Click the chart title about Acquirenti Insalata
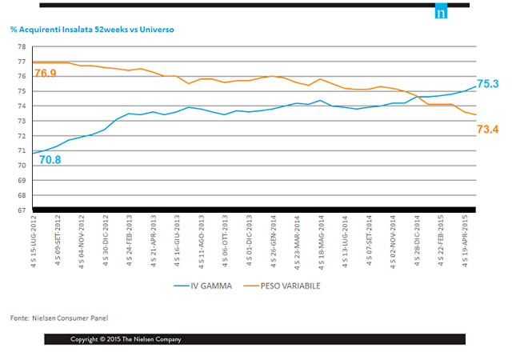[92, 29]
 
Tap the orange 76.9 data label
[46, 74]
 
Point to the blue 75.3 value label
[488, 83]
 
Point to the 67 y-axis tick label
[21, 210]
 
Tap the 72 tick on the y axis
[21, 136]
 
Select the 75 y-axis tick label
[21, 91]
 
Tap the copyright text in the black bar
[126, 339]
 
